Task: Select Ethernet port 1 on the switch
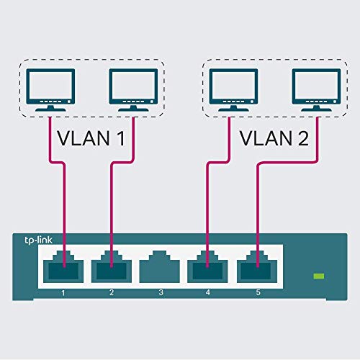[65, 270]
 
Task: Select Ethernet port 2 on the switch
[111, 270]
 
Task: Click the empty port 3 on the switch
[160, 270]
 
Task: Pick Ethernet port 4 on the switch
[208, 270]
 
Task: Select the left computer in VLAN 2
[229, 88]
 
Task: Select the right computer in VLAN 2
[312, 88]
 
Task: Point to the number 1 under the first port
[64, 293]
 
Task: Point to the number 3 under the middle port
[160, 293]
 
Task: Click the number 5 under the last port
[257, 293]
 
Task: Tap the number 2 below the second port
[111, 293]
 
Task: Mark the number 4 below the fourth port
[208, 293]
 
